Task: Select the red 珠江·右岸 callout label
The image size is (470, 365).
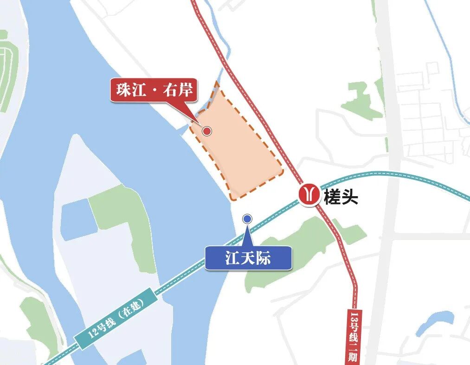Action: [155, 90]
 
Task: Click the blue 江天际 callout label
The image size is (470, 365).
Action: [248, 258]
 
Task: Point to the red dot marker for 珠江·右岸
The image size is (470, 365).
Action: [207, 131]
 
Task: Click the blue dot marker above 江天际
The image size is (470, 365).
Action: [247, 218]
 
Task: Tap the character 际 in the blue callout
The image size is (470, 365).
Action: [263, 258]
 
